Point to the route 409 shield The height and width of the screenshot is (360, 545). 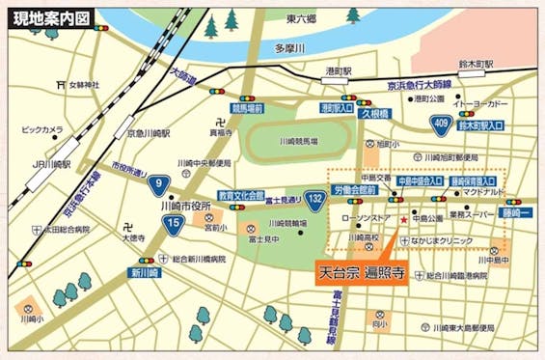(441, 123)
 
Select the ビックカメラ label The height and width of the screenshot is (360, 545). (41, 128)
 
